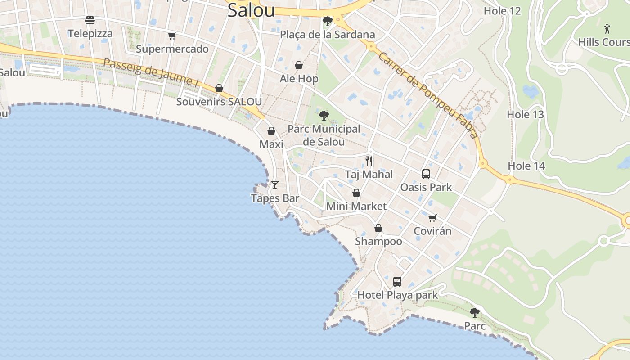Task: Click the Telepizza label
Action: pyautogui.click(x=90, y=34)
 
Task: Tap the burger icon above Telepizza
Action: pyautogui.click(x=90, y=20)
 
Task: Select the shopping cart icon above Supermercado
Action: pyautogui.click(x=172, y=36)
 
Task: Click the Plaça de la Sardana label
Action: pyautogui.click(x=327, y=35)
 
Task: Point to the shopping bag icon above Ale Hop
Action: pyautogui.click(x=298, y=65)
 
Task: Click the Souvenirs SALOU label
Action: pyautogui.click(x=219, y=102)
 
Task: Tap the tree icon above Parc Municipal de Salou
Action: pyautogui.click(x=324, y=116)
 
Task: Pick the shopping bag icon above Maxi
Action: pyautogui.click(x=271, y=131)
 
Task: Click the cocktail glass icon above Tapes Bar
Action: pyautogui.click(x=275, y=184)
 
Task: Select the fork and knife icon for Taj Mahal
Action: pyautogui.click(x=369, y=161)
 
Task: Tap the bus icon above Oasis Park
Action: pyautogui.click(x=426, y=174)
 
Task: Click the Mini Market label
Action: pyautogui.click(x=356, y=207)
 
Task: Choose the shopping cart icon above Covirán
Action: pyautogui.click(x=432, y=218)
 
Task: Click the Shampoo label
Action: pyautogui.click(x=378, y=242)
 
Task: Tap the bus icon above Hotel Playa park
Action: pyautogui.click(x=397, y=282)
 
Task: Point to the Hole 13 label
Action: pyautogui.click(x=525, y=115)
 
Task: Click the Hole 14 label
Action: pyautogui.click(x=526, y=166)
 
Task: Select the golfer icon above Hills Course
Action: pyautogui.click(x=607, y=29)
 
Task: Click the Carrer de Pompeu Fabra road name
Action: pyautogui.click(x=427, y=94)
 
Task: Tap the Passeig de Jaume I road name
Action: pyautogui.click(x=151, y=72)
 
